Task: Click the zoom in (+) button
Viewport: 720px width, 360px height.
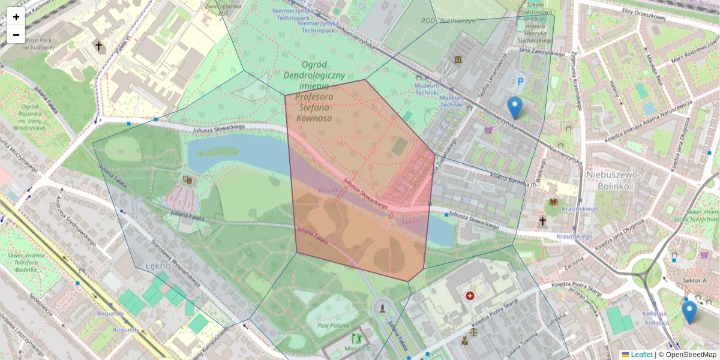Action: pyautogui.click(x=16, y=17)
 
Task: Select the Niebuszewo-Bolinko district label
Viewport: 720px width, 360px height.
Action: pyautogui.click(x=622, y=180)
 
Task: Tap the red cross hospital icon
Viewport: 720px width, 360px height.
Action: pyautogui.click(x=470, y=296)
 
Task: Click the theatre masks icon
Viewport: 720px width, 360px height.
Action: pyautogui.click(x=187, y=179)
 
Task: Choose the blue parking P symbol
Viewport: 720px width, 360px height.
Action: pyautogui.click(x=520, y=81)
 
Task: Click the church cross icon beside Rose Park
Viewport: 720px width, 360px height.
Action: pyautogui.click(x=98, y=46)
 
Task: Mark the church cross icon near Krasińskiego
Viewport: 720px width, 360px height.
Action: pyautogui.click(x=542, y=221)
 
